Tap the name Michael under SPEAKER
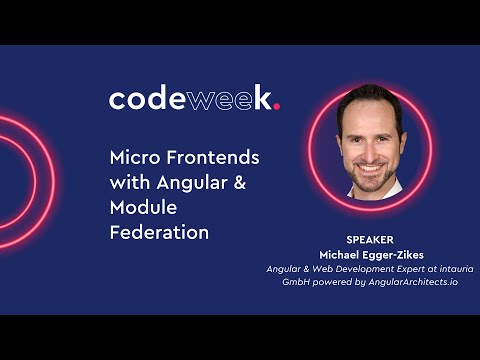[x=339, y=254]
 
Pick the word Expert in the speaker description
[x=392, y=268]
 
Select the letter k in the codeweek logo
[x=262, y=98]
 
